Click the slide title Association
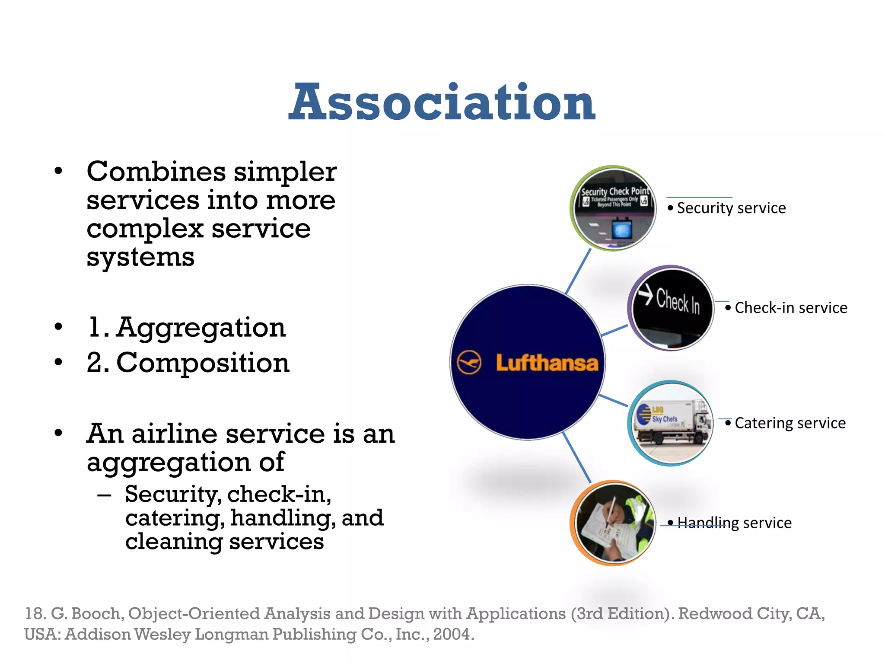click(442, 103)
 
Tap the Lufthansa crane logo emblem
click(469, 362)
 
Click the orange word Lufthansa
click(547, 363)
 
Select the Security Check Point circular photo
click(614, 208)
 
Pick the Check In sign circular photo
click(671, 308)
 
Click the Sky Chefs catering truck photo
click(671, 423)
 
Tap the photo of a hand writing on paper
click(614, 523)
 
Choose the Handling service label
click(734, 523)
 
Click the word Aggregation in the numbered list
click(201, 328)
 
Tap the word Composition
click(203, 363)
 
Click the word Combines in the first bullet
click(156, 172)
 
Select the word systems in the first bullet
click(140, 257)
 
